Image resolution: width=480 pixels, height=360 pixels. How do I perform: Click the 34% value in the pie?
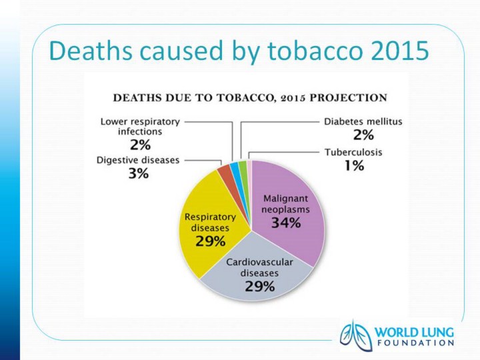(285, 223)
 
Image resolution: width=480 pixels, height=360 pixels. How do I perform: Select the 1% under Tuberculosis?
(353, 166)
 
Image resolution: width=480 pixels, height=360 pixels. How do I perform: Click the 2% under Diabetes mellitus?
(363, 136)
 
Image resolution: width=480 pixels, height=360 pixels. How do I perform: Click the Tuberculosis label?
(353, 153)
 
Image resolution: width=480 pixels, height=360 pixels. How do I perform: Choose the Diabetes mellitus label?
(363, 123)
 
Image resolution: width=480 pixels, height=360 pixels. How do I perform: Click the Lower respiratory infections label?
(140, 127)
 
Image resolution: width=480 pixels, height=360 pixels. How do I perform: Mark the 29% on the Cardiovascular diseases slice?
(259, 287)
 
